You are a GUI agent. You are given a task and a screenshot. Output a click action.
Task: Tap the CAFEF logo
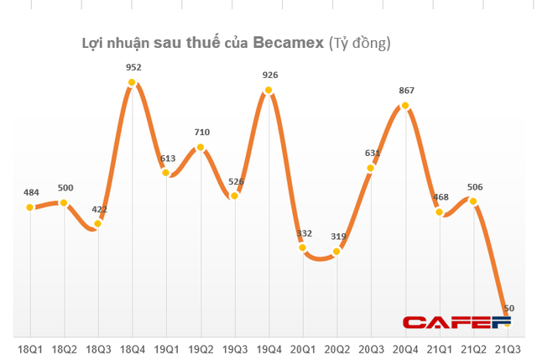coord(456,323)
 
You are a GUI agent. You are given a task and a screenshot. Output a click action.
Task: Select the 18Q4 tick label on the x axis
coord(133,347)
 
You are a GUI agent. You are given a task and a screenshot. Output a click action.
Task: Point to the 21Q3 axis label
coord(506,347)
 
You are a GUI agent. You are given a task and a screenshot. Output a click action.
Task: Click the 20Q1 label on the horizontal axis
coord(303,347)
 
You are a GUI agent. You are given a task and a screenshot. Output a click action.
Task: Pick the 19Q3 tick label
coord(235,347)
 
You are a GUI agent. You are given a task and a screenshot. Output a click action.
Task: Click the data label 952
coord(133,67)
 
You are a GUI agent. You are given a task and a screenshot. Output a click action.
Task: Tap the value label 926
coord(269,75)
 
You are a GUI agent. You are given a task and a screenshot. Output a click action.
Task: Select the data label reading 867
coord(405,91)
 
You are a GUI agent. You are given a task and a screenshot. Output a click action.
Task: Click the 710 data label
coord(201,132)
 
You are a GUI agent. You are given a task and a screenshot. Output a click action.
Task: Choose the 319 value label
coord(337,236)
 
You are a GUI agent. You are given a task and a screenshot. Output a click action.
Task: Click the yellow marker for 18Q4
coord(133,82)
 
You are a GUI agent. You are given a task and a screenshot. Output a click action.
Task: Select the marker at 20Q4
coord(405,106)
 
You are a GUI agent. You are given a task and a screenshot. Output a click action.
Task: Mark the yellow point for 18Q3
coord(99,223)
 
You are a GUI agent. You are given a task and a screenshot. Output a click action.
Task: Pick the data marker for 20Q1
coord(303,247)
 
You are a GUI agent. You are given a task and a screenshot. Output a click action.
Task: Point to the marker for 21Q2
coord(473,201)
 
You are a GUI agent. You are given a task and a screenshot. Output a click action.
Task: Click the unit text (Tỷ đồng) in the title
coord(359,42)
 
